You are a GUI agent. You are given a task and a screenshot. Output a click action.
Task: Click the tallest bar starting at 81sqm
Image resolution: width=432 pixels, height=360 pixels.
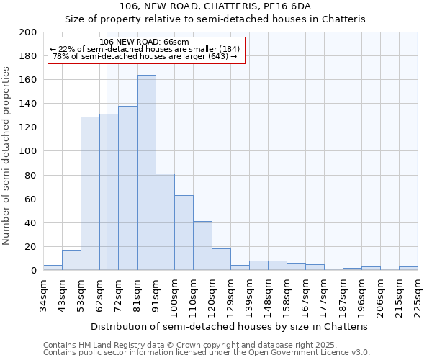click(x=146, y=173)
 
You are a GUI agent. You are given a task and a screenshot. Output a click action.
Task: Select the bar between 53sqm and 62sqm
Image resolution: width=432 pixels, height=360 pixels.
click(x=90, y=193)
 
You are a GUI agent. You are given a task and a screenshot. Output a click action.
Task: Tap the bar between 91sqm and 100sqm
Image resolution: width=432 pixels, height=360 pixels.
click(x=165, y=222)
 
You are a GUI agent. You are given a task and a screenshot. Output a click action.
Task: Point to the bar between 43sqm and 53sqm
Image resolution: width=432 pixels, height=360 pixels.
click(x=71, y=260)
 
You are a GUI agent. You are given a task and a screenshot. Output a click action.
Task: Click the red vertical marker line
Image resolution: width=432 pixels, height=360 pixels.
click(x=107, y=180)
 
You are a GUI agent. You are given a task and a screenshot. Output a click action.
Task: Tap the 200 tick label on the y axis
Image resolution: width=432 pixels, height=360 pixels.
click(x=28, y=32)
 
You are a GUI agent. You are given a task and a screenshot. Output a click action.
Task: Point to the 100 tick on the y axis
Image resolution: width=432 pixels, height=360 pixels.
click(x=28, y=151)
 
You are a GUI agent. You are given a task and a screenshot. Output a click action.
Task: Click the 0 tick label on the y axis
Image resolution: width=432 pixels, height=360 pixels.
click(x=33, y=271)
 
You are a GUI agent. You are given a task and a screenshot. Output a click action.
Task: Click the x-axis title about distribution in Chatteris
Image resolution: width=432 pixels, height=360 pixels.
click(x=230, y=326)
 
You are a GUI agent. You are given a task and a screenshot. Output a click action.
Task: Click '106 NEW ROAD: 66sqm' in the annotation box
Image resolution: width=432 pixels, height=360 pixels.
click(x=145, y=42)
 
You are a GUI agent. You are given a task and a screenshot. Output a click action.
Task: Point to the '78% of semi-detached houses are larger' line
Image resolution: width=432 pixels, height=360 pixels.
click(x=145, y=56)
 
